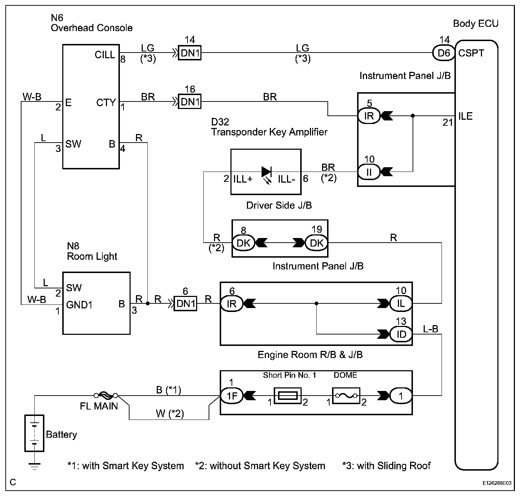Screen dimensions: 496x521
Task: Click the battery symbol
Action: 34,433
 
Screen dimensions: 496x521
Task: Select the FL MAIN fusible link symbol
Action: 106,396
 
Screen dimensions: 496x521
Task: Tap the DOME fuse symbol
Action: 345,396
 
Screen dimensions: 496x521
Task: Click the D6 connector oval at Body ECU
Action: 444,53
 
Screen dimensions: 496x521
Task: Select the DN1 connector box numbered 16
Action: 190,102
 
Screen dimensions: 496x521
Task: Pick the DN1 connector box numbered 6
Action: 185,303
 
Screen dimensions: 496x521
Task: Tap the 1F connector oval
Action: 232,396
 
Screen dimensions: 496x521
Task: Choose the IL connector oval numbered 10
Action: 401,303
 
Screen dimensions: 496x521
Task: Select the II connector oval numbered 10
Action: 369,172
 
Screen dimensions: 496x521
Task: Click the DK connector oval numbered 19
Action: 316,243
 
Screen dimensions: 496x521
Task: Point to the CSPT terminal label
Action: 471,53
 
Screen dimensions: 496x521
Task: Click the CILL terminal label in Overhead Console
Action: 105,55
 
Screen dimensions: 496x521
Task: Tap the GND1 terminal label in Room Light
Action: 79,305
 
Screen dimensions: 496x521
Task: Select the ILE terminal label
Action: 466,116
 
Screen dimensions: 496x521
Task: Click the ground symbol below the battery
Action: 34,466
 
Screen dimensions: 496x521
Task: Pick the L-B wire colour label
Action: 430,329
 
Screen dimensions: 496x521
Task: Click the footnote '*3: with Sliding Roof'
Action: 386,466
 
